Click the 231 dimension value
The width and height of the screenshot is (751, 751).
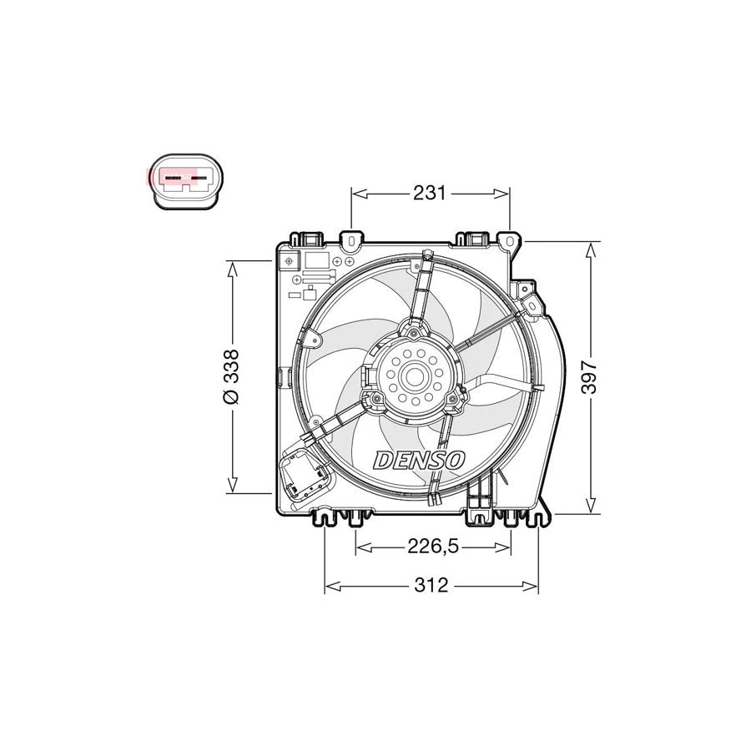click(x=429, y=193)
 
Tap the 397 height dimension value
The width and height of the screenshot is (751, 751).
click(x=591, y=376)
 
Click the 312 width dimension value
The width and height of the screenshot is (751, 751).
click(x=431, y=586)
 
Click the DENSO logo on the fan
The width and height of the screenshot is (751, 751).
click(x=420, y=459)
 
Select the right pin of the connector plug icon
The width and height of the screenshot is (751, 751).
click(x=200, y=179)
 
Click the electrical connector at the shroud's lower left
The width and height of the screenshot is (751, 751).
click(x=301, y=476)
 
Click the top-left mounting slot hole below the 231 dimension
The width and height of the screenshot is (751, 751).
click(x=352, y=242)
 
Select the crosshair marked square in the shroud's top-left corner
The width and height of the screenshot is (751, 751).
click(x=289, y=261)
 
